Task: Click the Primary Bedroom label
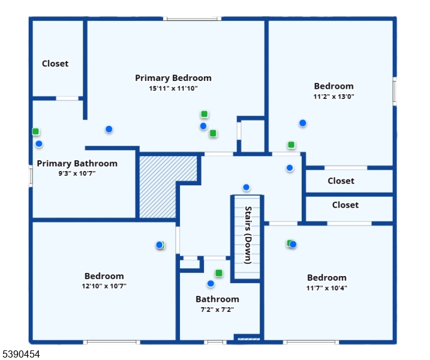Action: (173, 78)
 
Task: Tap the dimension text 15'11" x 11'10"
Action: (173, 88)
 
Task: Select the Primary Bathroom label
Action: (77, 163)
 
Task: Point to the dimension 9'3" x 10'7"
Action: (77, 173)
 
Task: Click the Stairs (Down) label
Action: (248, 235)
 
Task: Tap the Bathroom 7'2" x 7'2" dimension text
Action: (216, 310)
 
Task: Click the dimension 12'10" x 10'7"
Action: (104, 286)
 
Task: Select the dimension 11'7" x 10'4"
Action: (326, 288)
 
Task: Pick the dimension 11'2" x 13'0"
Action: (333, 96)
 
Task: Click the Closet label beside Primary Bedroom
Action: (55, 64)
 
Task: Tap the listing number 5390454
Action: (21, 355)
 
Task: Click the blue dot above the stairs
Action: (246, 187)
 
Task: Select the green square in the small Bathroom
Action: (219, 274)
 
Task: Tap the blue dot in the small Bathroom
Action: (211, 283)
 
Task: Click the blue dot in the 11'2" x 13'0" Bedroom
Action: (303, 123)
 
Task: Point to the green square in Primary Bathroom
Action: (36, 131)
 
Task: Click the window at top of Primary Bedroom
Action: (193, 19)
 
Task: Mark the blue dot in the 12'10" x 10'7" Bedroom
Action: (159, 245)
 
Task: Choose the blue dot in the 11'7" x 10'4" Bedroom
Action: (293, 244)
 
